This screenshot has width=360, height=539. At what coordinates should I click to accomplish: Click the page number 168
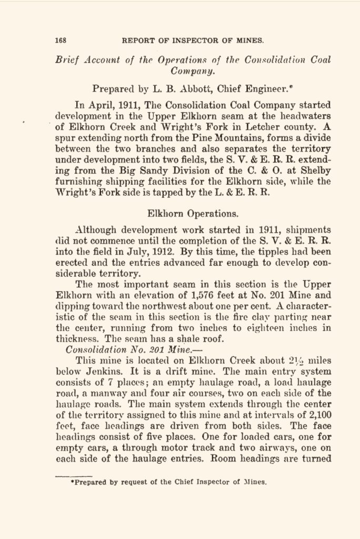pos(61,39)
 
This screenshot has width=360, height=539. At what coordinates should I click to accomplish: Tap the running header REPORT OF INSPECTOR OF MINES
pos(192,39)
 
